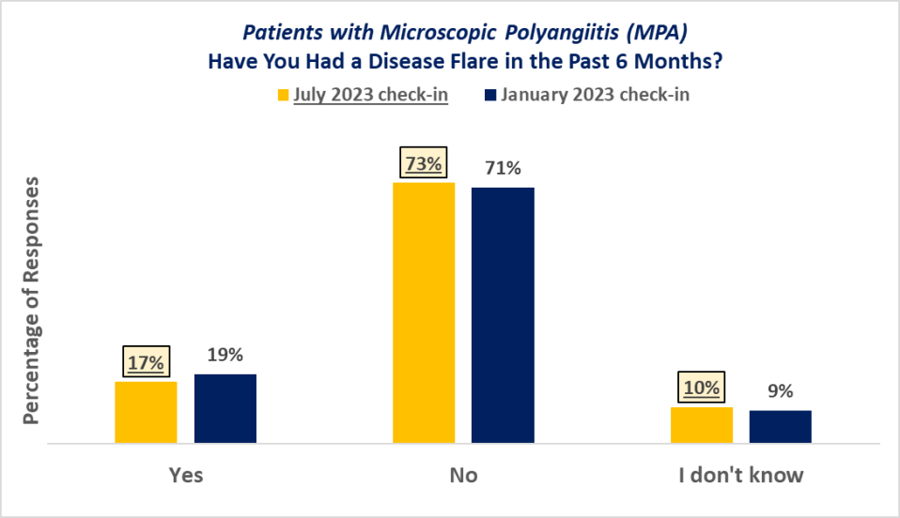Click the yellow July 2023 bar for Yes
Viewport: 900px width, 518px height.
tap(146, 411)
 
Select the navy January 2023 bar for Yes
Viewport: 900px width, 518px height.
tap(225, 407)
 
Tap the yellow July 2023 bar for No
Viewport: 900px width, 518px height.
tap(424, 312)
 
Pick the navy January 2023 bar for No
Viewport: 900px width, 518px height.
tap(503, 314)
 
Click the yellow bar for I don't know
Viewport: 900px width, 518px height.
tap(701, 424)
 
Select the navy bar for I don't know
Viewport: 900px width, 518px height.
tap(780, 426)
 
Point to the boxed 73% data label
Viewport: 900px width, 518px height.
tap(424, 163)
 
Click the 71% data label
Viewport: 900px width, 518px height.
tap(503, 169)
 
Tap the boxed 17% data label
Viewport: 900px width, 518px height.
tap(146, 361)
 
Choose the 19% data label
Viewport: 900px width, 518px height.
tap(225, 355)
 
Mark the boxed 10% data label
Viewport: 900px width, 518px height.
tap(701, 388)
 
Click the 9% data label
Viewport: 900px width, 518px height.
tap(780, 391)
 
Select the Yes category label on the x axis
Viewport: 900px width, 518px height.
tap(185, 475)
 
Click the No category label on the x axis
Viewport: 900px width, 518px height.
tap(463, 475)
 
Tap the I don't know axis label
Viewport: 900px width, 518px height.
tap(741, 475)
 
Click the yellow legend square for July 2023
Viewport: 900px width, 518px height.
tap(283, 95)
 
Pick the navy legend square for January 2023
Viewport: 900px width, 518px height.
tap(490, 95)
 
